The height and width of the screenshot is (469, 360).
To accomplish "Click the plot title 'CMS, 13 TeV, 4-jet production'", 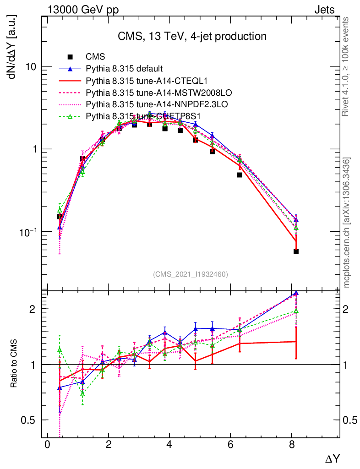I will (191, 36).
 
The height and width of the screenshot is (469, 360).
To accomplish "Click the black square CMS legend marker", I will (70, 57).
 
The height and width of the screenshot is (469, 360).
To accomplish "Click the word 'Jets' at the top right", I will (324, 9).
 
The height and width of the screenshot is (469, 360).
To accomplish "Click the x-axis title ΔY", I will (333, 458).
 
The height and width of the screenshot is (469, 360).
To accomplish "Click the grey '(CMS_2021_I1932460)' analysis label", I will (190, 274).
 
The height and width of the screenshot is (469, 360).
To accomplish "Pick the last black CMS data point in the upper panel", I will (296, 251).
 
